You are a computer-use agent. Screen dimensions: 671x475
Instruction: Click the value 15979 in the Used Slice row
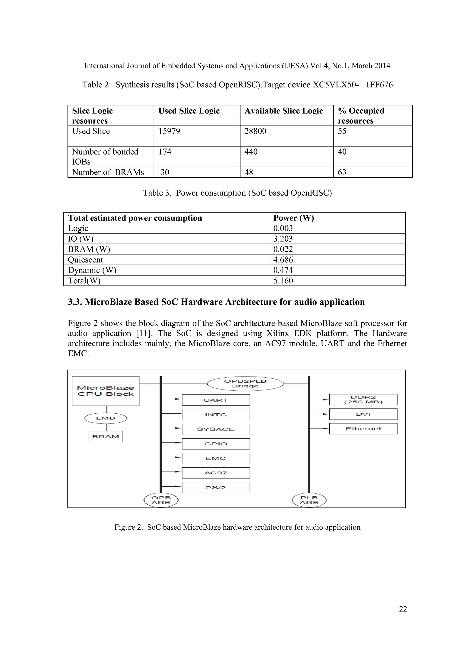pyautogui.click(x=169, y=131)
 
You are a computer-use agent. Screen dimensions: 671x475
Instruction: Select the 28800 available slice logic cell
pyautogui.click(x=255, y=131)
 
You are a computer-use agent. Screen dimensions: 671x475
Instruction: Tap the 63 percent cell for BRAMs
pyautogui.click(x=342, y=172)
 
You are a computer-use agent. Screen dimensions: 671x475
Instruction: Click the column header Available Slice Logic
pyautogui.click(x=283, y=111)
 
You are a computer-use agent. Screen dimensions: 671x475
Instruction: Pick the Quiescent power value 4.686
pyautogui.click(x=283, y=260)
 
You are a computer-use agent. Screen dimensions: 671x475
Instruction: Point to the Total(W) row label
pyautogui.click(x=84, y=281)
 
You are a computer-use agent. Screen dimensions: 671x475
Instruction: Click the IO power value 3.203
pyautogui.click(x=283, y=239)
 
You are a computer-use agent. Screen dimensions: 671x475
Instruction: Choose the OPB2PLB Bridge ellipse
pyautogui.click(x=245, y=383)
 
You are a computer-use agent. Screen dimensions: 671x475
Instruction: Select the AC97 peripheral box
pyautogui.click(x=216, y=473)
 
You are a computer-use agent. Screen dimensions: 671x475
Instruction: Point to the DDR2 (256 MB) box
pyautogui.click(x=363, y=399)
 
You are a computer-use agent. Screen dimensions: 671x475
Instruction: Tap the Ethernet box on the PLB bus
pyautogui.click(x=363, y=429)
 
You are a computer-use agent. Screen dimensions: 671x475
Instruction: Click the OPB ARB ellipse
pyautogui.click(x=161, y=500)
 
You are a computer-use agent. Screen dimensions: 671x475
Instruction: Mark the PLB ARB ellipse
pyautogui.click(x=309, y=500)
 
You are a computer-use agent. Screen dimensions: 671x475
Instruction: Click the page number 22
pyautogui.click(x=403, y=609)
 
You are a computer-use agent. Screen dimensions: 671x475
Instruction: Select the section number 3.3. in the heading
pyautogui.click(x=75, y=302)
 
